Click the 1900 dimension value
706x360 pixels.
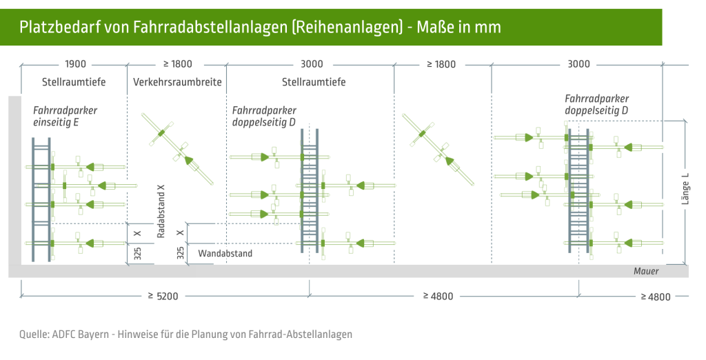click(75, 64)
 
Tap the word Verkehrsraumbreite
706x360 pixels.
click(177, 82)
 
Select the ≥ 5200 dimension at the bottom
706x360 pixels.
click(163, 296)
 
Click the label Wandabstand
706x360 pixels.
click(225, 253)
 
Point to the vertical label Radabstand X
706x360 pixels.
click(161, 211)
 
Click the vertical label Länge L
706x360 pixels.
click(685, 189)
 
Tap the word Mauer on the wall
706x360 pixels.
click(646, 271)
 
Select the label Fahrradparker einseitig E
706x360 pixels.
click(65, 117)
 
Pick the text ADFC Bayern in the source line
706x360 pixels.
click(80, 334)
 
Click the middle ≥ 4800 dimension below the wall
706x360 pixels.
click(438, 296)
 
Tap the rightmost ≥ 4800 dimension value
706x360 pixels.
click(656, 297)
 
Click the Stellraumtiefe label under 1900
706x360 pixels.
click(74, 82)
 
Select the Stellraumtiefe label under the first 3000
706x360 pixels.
click(314, 82)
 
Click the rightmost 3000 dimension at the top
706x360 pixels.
click(578, 64)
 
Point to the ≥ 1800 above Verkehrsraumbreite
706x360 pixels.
click(177, 64)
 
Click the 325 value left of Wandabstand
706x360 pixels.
click(181, 253)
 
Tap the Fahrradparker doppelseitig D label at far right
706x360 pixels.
click(596, 105)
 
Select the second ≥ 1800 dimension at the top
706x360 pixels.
click(441, 64)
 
